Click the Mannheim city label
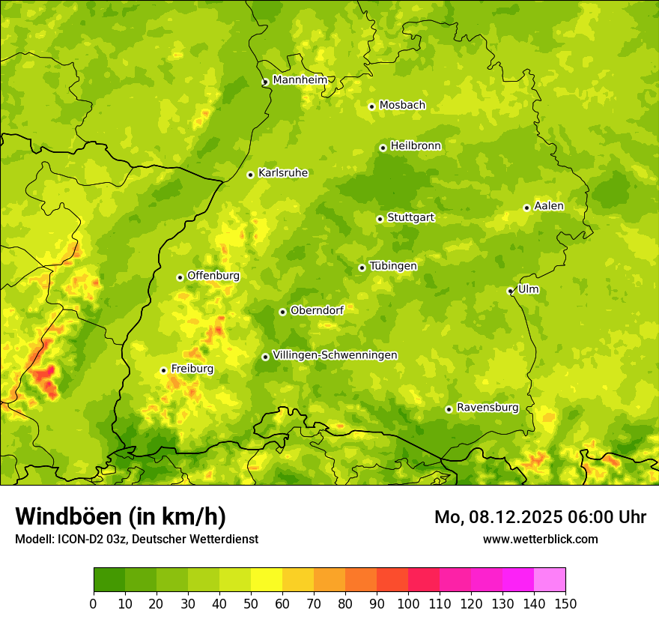300,79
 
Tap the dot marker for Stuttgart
380,219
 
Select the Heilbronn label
416,145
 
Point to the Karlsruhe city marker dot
250,175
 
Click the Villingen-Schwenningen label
335,354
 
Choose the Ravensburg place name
487,407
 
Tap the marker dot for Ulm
510,291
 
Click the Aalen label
548,205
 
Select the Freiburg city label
192,368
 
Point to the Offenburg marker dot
180,277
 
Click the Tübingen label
392,265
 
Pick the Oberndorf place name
316,310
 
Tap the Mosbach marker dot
371,106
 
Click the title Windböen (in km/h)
120,516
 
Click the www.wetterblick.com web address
540,539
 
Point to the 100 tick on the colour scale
408,603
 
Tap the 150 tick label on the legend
565,603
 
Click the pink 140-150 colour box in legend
550,579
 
